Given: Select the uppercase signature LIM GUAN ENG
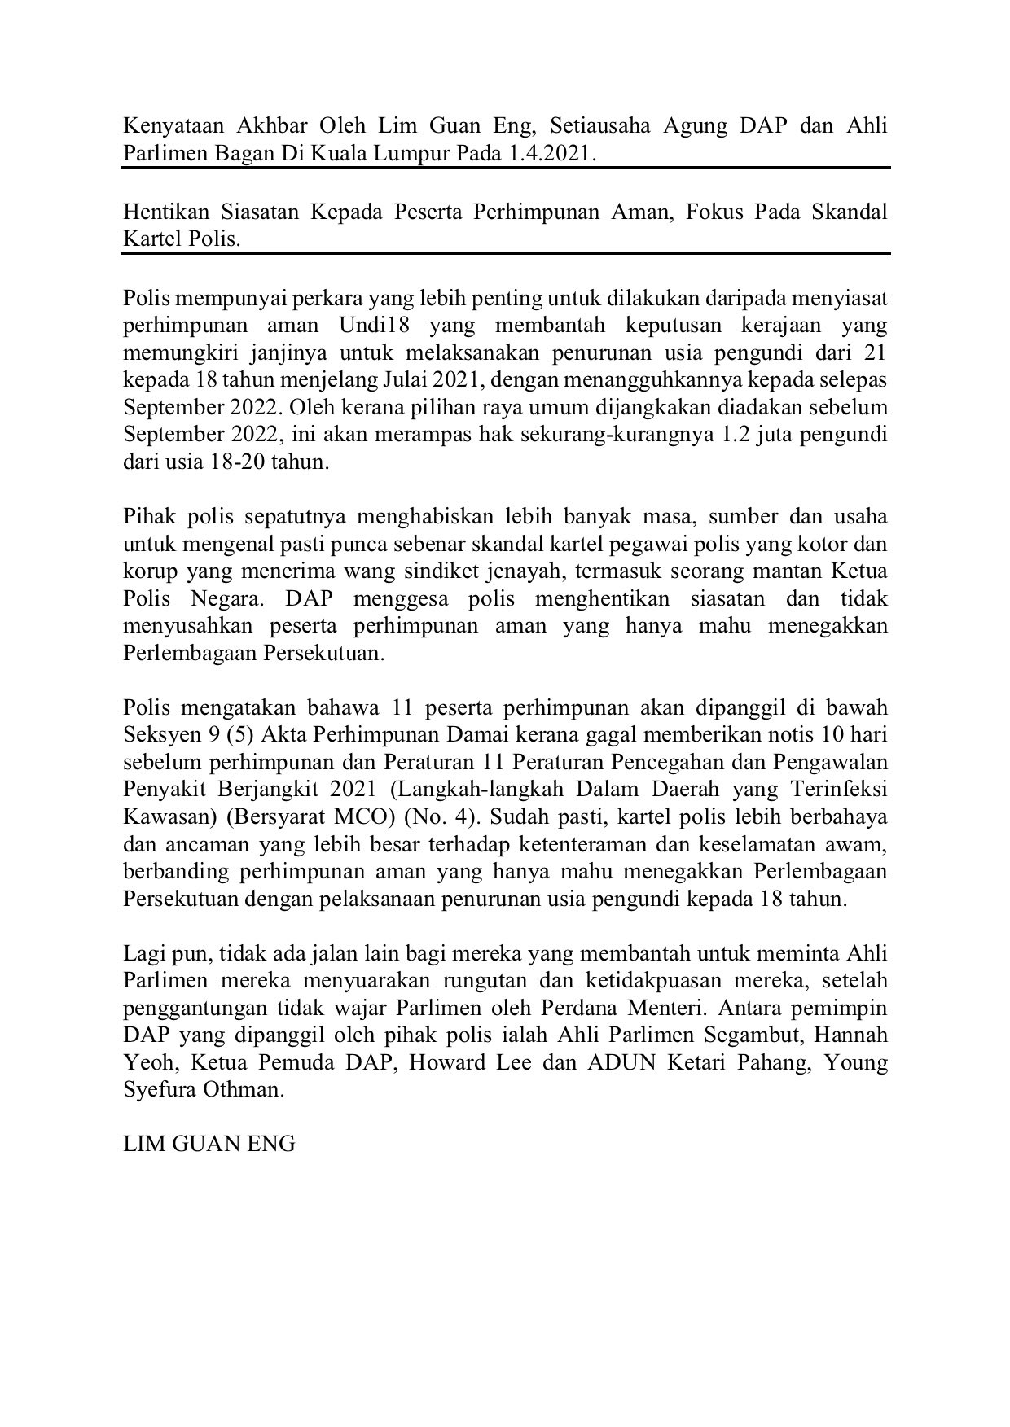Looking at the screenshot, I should [209, 1144].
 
